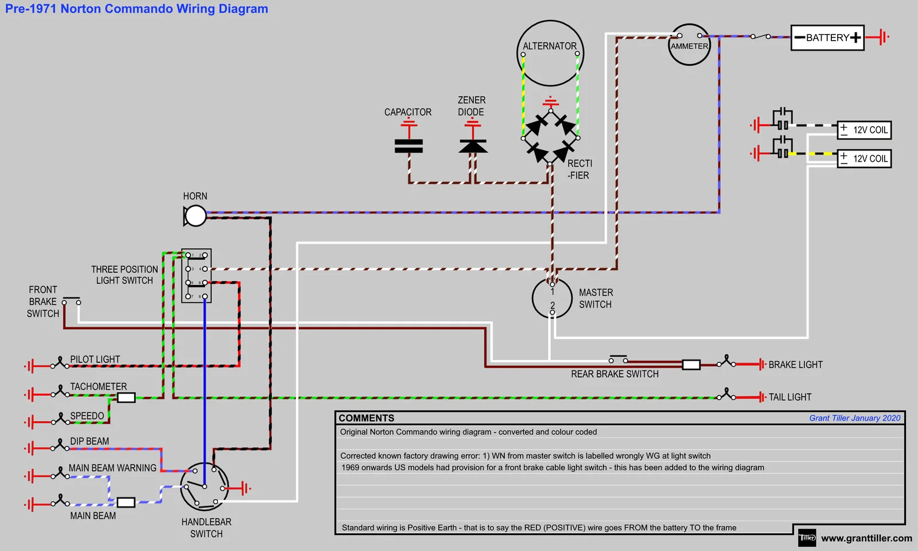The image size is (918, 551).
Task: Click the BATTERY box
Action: (827, 38)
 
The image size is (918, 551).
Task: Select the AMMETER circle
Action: (689, 45)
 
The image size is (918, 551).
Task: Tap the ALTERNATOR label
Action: (550, 46)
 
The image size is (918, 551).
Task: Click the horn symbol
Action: (195, 216)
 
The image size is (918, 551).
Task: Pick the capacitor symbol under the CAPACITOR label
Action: (409, 146)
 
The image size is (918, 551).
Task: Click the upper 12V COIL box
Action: (864, 130)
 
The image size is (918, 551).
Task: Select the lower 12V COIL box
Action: (864, 159)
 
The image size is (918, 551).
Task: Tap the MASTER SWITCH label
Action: (596, 299)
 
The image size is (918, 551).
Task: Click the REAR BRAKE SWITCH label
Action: (614, 374)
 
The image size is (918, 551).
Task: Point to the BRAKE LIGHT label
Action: (795, 365)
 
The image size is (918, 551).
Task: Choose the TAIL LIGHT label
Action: (790, 397)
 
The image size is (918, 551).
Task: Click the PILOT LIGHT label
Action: (95, 359)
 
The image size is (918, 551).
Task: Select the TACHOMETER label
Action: (99, 387)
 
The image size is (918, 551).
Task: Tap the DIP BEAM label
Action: (90, 441)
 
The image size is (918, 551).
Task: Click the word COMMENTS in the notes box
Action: (367, 418)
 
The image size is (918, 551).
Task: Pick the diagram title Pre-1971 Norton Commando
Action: (137, 9)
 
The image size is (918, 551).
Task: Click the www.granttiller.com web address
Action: (866, 538)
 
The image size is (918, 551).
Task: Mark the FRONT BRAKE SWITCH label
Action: (43, 302)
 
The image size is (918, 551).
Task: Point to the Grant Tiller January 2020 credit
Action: (854, 418)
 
